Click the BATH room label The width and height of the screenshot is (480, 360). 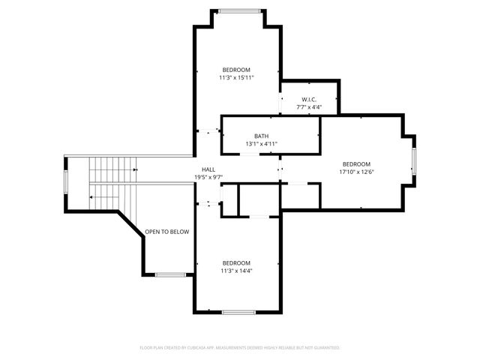pyautogui.click(x=261, y=136)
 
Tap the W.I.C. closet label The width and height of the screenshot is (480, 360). pyautogui.click(x=309, y=99)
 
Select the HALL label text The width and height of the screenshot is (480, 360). pyautogui.click(x=208, y=170)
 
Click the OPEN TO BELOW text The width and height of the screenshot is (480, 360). pyautogui.click(x=166, y=232)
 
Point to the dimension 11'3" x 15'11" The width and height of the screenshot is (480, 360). pyautogui.click(x=236, y=77)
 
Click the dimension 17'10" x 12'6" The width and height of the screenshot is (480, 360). pyautogui.click(x=356, y=172)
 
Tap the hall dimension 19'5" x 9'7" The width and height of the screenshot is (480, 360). pyautogui.click(x=208, y=177)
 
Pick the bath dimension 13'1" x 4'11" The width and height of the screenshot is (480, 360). pyautogui.click(x=261, y=143)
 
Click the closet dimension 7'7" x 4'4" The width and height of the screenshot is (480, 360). pyautogui.click(x=309, y=107)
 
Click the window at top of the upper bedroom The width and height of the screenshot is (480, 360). pyautogui.click(x=239, y=10)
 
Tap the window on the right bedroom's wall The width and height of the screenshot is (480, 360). pyautogui.click(x=413, y=160)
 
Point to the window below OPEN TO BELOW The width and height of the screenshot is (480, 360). pyautogui.click(x=170, y=274)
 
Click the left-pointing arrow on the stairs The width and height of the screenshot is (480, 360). pyautogui.click(x=91, y=197)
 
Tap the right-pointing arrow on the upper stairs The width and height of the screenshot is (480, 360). pyautogui.click(x=134, y=169)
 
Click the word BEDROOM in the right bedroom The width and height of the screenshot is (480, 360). pyautogui.click(x=356, y=164)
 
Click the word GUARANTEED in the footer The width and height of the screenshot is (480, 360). pyautogui.click(x=325, y=348)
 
